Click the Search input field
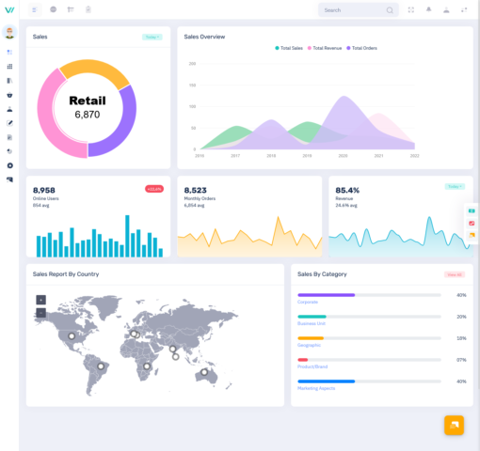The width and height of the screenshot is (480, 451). pos(353,10)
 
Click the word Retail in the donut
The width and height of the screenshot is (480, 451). pos(87,101)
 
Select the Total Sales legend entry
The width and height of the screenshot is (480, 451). pos(290,48)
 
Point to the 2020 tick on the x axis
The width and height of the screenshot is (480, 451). pos(344,155)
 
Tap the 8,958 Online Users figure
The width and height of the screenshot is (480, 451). pos(45,190)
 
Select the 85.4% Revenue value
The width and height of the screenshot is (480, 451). pos(347,190)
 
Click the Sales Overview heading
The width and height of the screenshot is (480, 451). pos(204,37)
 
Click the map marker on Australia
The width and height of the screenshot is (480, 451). pos(202,372)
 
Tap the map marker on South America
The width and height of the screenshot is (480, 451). pos(100,365)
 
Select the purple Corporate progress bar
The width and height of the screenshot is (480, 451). pos(327,295)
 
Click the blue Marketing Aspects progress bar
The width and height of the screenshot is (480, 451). pos(327,381)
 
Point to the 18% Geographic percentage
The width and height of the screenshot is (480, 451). pos(461,338)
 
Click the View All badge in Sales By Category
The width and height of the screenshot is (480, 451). pos(455,274)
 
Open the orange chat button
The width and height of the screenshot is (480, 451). pos(454,425)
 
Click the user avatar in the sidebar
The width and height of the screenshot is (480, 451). pos(9,32)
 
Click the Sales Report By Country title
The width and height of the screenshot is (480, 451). pos(66,274)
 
